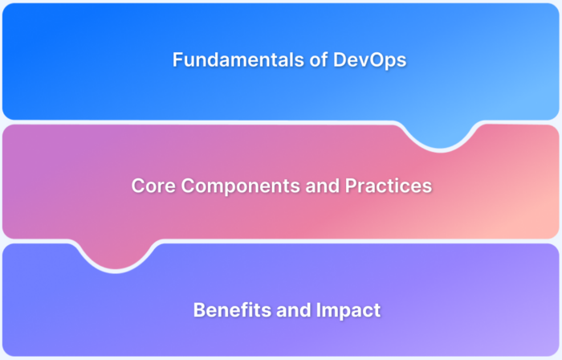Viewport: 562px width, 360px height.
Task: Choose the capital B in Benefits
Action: (x=199, y=309)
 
